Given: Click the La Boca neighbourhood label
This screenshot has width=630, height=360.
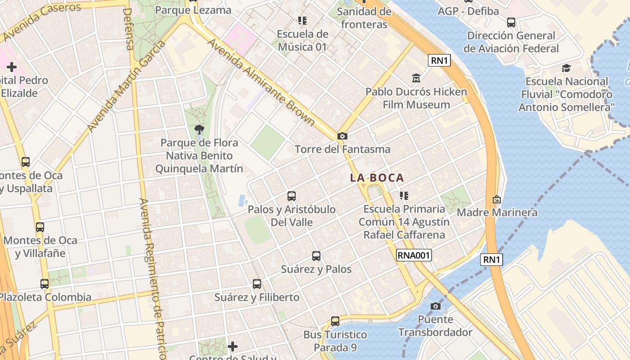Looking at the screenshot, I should click(x=377, y=178).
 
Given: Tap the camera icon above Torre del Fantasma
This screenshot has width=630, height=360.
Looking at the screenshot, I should click(x=342, y=136).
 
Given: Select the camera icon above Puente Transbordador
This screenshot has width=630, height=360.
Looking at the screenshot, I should click(x=435, y=306).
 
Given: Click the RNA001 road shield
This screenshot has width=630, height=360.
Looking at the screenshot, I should click(x=414, y=256).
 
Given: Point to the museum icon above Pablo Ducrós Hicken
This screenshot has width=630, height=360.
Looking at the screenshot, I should click(x=416, y=78).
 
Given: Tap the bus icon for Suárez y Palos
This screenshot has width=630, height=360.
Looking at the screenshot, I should click(x=316, y=256).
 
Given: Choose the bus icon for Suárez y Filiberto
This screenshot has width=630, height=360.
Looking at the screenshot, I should click(x=257, y=284).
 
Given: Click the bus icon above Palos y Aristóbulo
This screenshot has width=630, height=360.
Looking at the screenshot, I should click(x=292, y=196).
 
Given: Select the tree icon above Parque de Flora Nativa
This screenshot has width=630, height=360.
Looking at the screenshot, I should click(x=199, y=130).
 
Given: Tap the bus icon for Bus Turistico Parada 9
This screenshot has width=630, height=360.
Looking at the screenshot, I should click(x=335, y=321).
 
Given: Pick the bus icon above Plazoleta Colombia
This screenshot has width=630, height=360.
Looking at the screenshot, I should click(x=45, y=284).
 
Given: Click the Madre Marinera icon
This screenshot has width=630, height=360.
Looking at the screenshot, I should click(x=497, y=199).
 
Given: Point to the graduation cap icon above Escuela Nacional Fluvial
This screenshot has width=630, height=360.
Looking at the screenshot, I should click(x=566, y=68).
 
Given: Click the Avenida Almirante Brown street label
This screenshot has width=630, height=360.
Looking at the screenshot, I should click(x=261, y=81).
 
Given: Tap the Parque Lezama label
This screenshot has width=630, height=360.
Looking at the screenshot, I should click(x=193, y=10).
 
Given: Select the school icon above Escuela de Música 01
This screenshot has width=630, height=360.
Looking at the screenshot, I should click(x=302, y=21).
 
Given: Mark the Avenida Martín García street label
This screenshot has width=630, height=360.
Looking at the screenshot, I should click(x=126, y=87).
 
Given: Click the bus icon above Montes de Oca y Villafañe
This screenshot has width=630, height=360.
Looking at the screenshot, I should click(x=40, y=227).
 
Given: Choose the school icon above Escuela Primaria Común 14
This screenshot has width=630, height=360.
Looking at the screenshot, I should click(x=404, y=196).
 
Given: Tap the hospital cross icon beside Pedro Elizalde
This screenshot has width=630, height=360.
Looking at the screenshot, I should click(x=12, y=67).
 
